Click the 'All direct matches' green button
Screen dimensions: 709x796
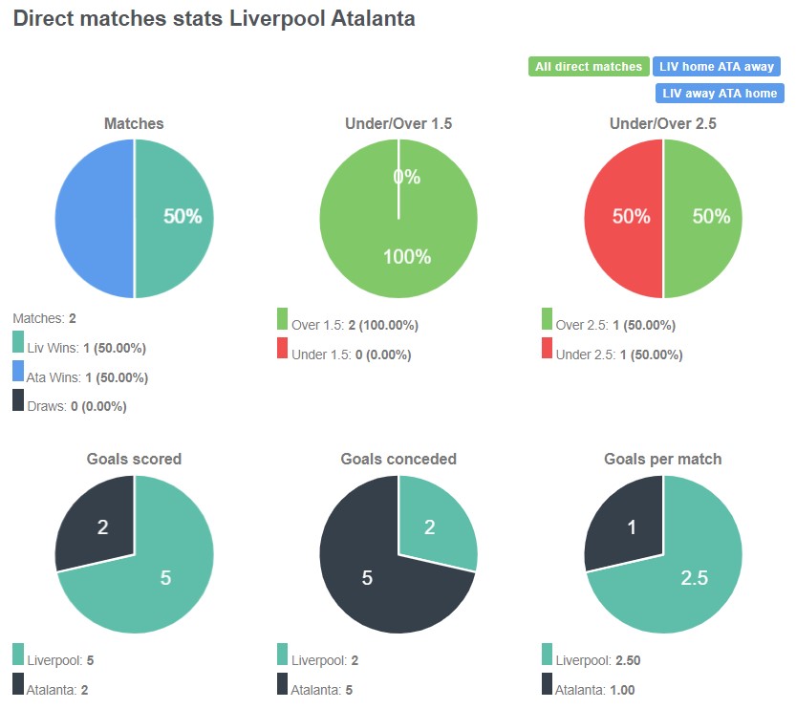click(x=589, y=67)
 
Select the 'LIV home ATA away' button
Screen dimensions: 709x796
click(x=717, y=67)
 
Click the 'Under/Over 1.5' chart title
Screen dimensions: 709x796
click(x=398, y=124)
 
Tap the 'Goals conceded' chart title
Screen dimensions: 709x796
click(x=398, y=459)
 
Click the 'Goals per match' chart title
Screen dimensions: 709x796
click(x=663, y=459)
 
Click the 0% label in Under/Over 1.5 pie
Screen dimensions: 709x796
click(x=407, y=177)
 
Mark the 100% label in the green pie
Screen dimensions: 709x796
click(x=407, y=257)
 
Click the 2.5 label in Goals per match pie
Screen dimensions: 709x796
click(x=695, y=578)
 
